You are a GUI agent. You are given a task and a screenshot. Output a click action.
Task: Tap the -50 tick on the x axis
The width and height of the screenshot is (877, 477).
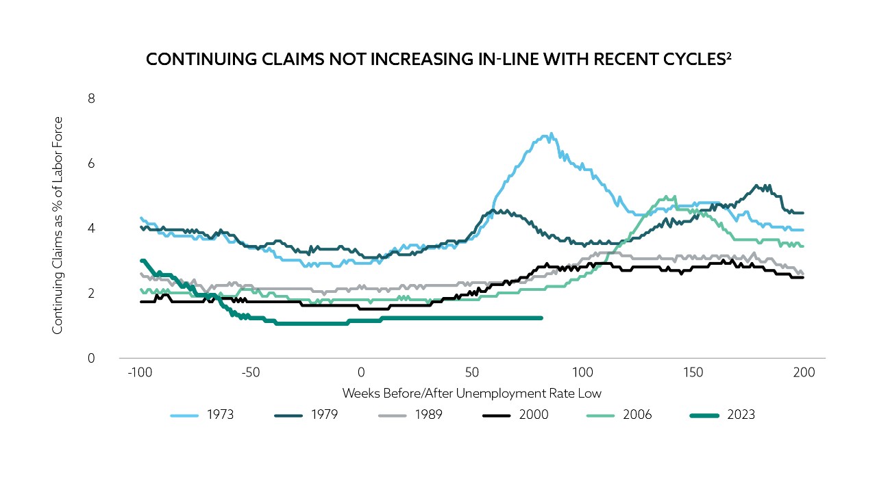(x=250, y=374)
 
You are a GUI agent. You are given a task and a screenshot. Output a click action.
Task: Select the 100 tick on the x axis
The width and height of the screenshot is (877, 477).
(x=582, y=374)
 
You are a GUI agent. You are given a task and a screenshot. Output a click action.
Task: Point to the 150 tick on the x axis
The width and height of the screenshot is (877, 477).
(x=693, y=374)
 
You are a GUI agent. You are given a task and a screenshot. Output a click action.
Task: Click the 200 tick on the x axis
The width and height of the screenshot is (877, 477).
(x=803, y=374)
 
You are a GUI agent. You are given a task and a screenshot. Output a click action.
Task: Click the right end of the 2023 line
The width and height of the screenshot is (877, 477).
(x=541, y=318)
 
